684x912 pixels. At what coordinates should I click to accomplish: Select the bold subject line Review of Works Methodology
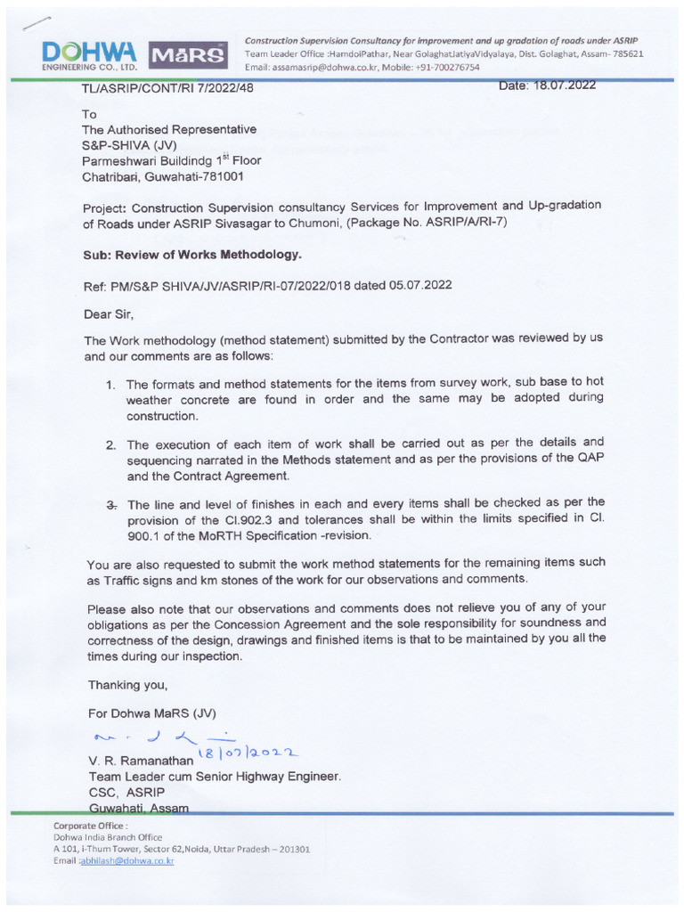tap(211, 254)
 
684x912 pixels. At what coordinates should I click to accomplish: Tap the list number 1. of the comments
tap(110, 385)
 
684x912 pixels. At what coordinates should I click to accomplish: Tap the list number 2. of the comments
tap(110, 443)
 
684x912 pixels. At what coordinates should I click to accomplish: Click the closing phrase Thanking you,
tap(126, 685)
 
